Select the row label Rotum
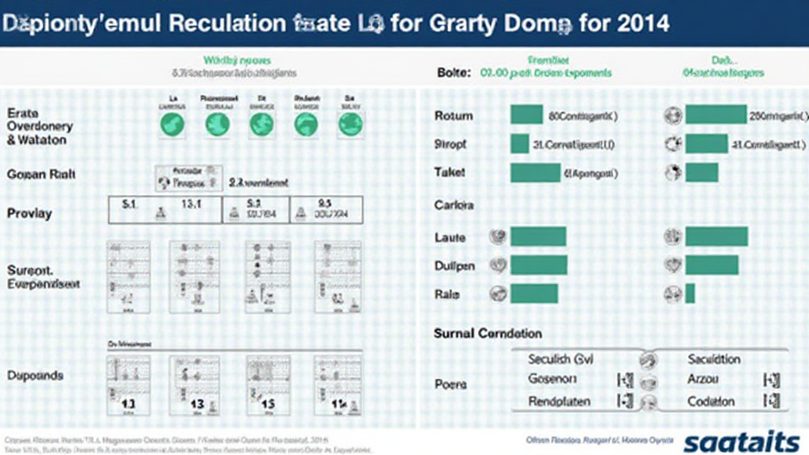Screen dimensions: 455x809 (x=453, y=116)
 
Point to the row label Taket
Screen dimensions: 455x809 (x=450, y=172)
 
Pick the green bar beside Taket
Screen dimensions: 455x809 (x=535, y=172)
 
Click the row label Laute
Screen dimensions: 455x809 (x=450, y=237)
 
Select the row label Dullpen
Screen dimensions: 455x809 (x=454, y=265)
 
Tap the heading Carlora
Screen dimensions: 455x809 (x=453, y=205)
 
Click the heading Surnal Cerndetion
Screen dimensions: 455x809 (x=487, y=333)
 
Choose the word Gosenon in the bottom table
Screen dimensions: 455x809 (x=557, y=379)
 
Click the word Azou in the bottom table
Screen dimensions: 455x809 (x=702, y=379)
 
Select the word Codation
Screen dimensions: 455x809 (x=711, y=401)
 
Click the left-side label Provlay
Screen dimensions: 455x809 (x=29, y=212)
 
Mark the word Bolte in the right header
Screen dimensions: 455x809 (x=453, y=73)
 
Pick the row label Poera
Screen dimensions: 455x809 (x=450, y=384)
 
